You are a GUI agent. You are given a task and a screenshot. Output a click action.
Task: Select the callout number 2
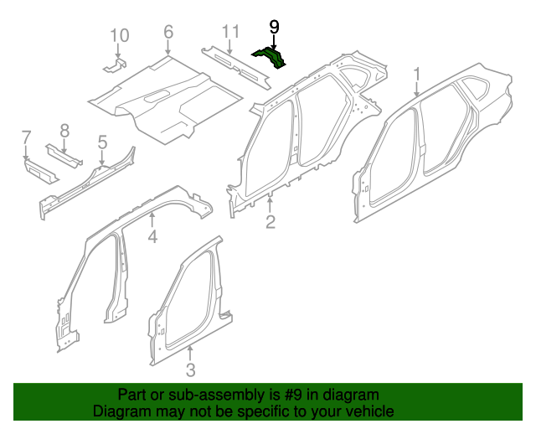pos(270,221)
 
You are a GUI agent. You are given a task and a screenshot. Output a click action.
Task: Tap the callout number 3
pos(190,370)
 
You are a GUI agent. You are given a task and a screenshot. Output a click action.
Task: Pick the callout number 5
pos(102,142)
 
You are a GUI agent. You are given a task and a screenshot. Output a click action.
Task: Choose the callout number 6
pos(168,33)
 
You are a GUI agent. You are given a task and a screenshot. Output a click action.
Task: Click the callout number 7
pos(26,137)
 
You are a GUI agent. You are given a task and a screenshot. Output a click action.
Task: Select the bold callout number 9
pos(274,28)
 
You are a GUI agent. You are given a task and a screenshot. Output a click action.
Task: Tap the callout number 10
pos(120,35)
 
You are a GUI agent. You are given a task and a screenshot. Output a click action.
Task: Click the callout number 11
pos(231,33)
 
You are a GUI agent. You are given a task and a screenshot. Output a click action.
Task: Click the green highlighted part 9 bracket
pos(272,57)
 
